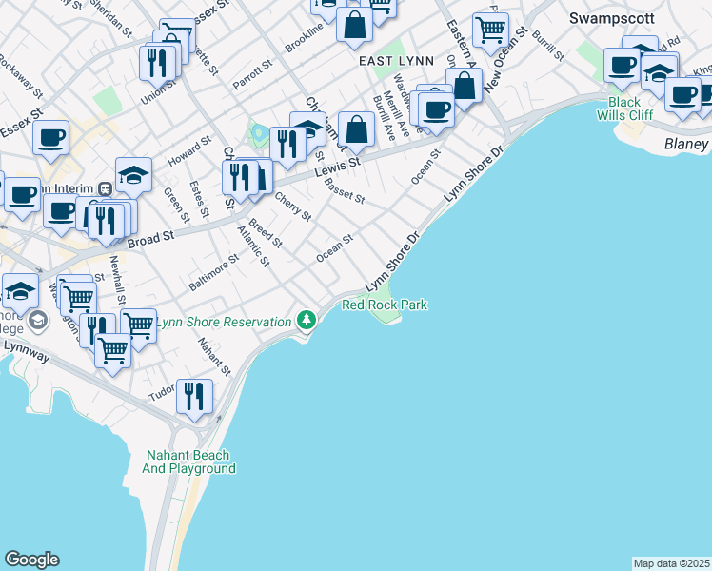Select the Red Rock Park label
click(x=385, y=305)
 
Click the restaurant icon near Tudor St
click(x=194, y=394)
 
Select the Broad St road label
click(x=151, y=238)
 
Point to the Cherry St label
click(x=293, y=207)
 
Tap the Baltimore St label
click(x=213, y=272)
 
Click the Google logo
click(x=31, y=560)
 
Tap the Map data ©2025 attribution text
click(x=672, y=563)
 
